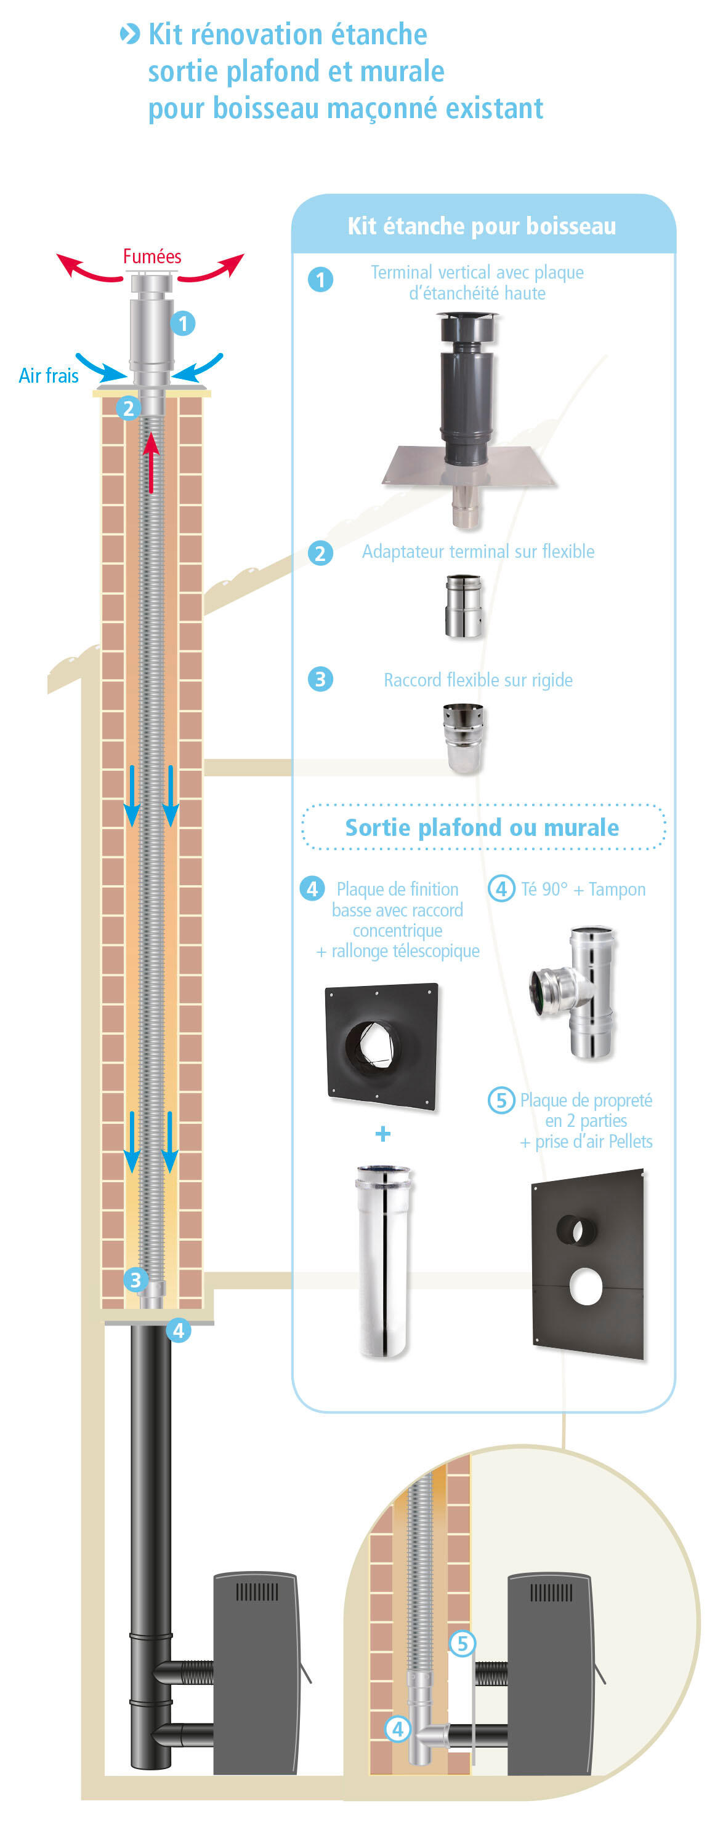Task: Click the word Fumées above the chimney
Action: click(151, 256)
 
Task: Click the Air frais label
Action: click(48, 376)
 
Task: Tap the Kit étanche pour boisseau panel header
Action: click(482, 226)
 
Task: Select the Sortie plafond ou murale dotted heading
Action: click(482, 827)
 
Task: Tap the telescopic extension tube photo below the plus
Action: click(383, 1260)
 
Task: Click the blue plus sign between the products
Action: click(383, 1134)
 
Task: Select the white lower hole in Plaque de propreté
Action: click(586, 1286)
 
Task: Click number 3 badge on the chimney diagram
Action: click(135, 1279)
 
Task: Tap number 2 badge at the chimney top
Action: click(128, 407)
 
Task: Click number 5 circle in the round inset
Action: click(463, 1643)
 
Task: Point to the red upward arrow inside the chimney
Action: click(151, 463)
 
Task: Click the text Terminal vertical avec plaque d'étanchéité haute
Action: click(477, 282)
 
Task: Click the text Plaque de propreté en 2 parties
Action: click(586, 1110)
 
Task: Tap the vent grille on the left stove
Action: click(256, 1593)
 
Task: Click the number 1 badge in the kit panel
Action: click(320, 279)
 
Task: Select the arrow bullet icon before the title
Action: click(129, 34)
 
